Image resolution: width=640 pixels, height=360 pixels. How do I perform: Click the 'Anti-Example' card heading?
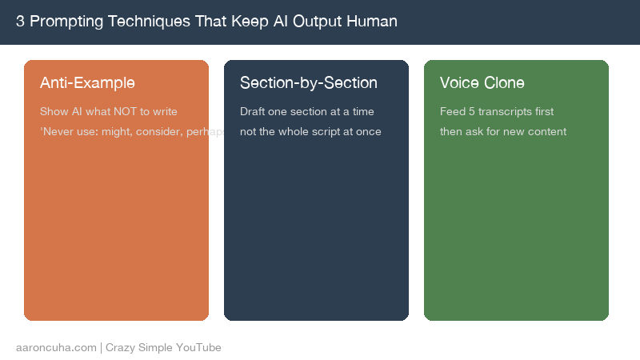tap(87, 83)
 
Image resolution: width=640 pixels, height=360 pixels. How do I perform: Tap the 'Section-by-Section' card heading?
tap(309, 83)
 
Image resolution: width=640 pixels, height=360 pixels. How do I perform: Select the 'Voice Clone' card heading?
tap(482, 83)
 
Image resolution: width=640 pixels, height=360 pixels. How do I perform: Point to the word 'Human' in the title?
tap(371, 22)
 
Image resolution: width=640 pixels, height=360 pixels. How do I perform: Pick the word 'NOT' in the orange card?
tap(134, 112)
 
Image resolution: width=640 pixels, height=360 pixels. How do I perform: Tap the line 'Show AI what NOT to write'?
tap(109, 112)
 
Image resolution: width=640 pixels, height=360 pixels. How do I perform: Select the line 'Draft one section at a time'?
tap(307, 112)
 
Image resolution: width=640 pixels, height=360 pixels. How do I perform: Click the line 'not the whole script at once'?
tap(310, 132)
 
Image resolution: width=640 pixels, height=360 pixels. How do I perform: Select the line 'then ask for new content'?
tap(503, 132)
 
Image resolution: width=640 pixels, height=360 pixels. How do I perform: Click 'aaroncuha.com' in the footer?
tap(56, 348)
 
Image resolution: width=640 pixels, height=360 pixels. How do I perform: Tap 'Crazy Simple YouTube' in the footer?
tap(163, 348)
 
